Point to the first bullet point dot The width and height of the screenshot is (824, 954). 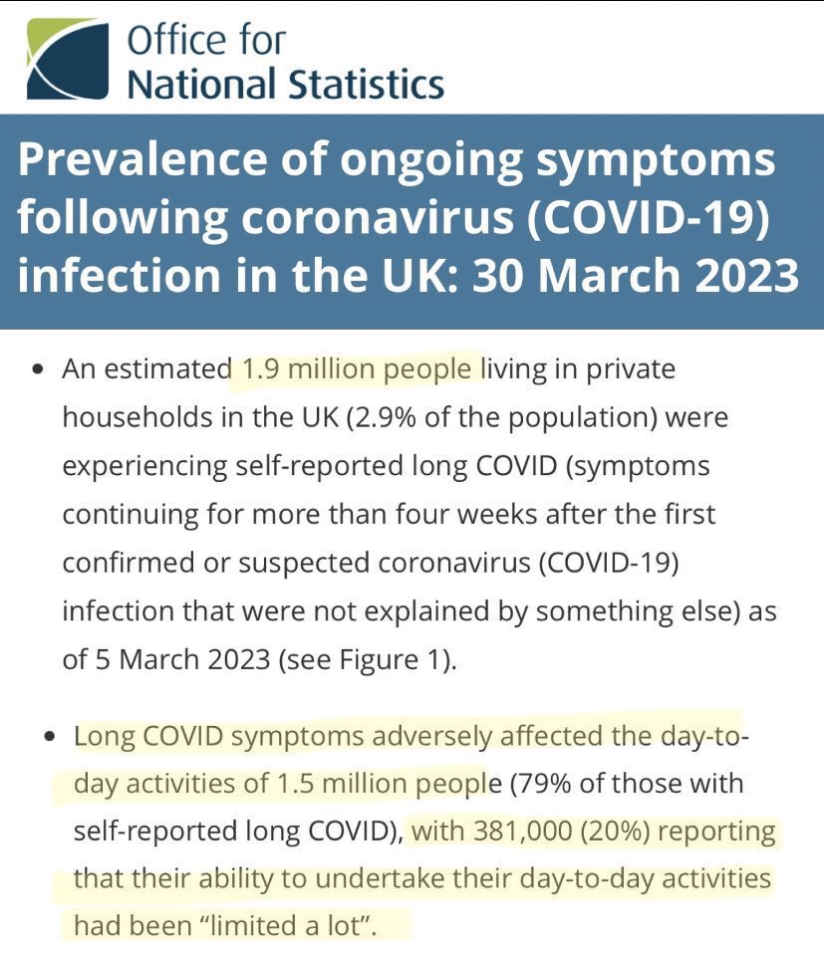click(38, 370)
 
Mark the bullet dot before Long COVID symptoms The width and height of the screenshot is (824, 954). click(51, 740)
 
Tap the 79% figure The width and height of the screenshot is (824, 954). click(544, 784)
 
